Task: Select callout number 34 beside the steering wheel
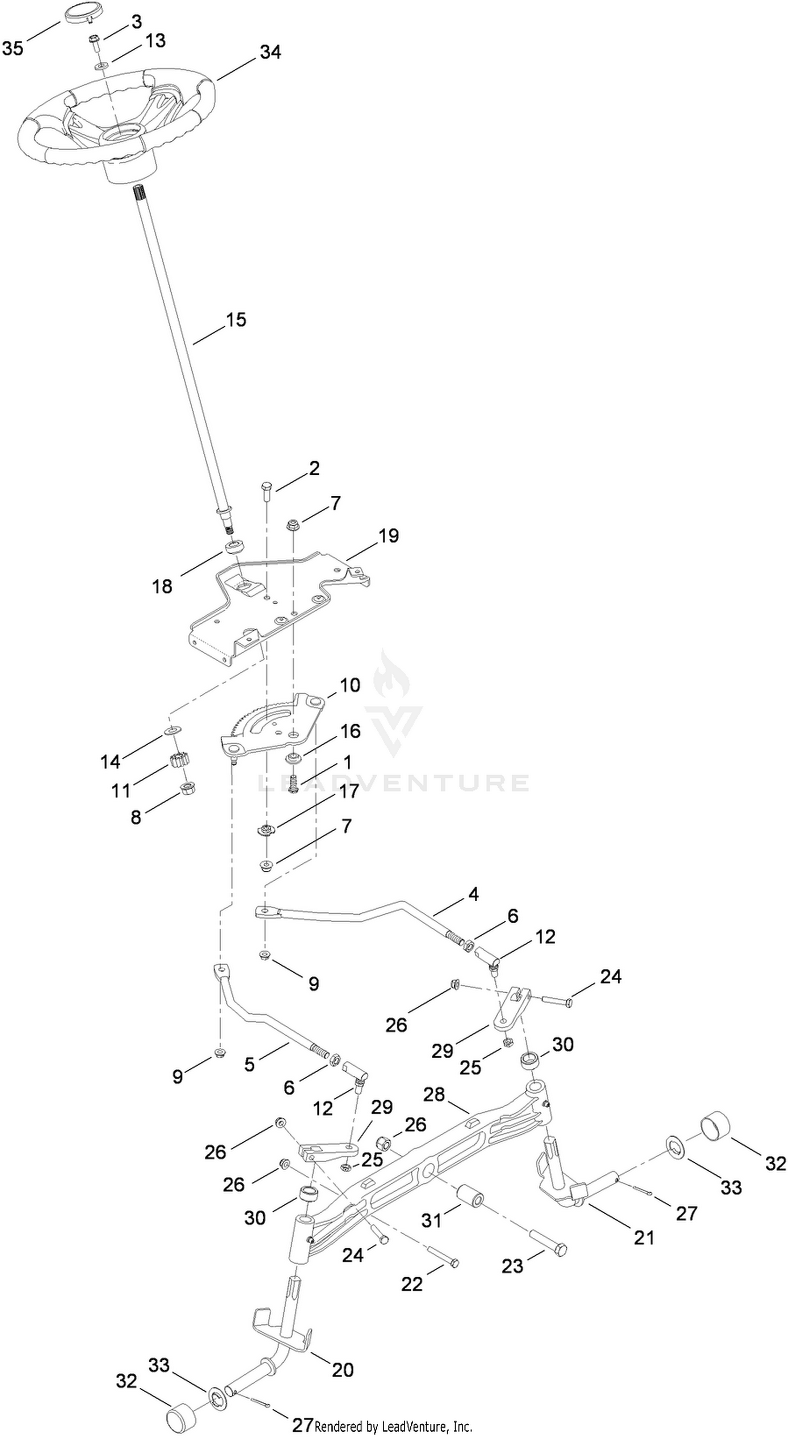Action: click(271, 52)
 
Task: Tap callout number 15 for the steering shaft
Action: click(236, 320)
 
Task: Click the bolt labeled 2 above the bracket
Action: click(265, 491)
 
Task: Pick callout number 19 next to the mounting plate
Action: click(389, 536)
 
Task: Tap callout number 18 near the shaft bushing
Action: click(163, 586)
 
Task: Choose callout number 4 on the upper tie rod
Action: click(473, 894)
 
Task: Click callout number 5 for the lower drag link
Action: click(249, 1065)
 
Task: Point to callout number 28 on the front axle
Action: click(434, 1094)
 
